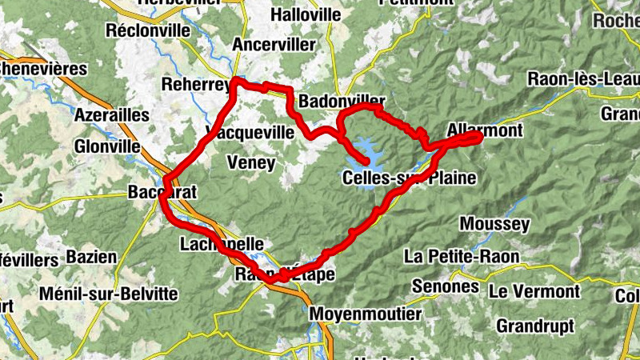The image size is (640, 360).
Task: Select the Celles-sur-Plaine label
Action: pyautogui.click(x=409, y=178)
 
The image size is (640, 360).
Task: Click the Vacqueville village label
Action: pyautogui.click(x=250, y=131)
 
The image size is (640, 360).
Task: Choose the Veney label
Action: pyautogui.click(x=251, y=163)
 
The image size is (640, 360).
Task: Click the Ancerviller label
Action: pyautogui.click(x=274, y=45)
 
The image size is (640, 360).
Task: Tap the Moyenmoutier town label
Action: pyautogui.click(x=365, y=313)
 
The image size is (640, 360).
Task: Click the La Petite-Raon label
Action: pyautogui.click(x=462, y=256)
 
